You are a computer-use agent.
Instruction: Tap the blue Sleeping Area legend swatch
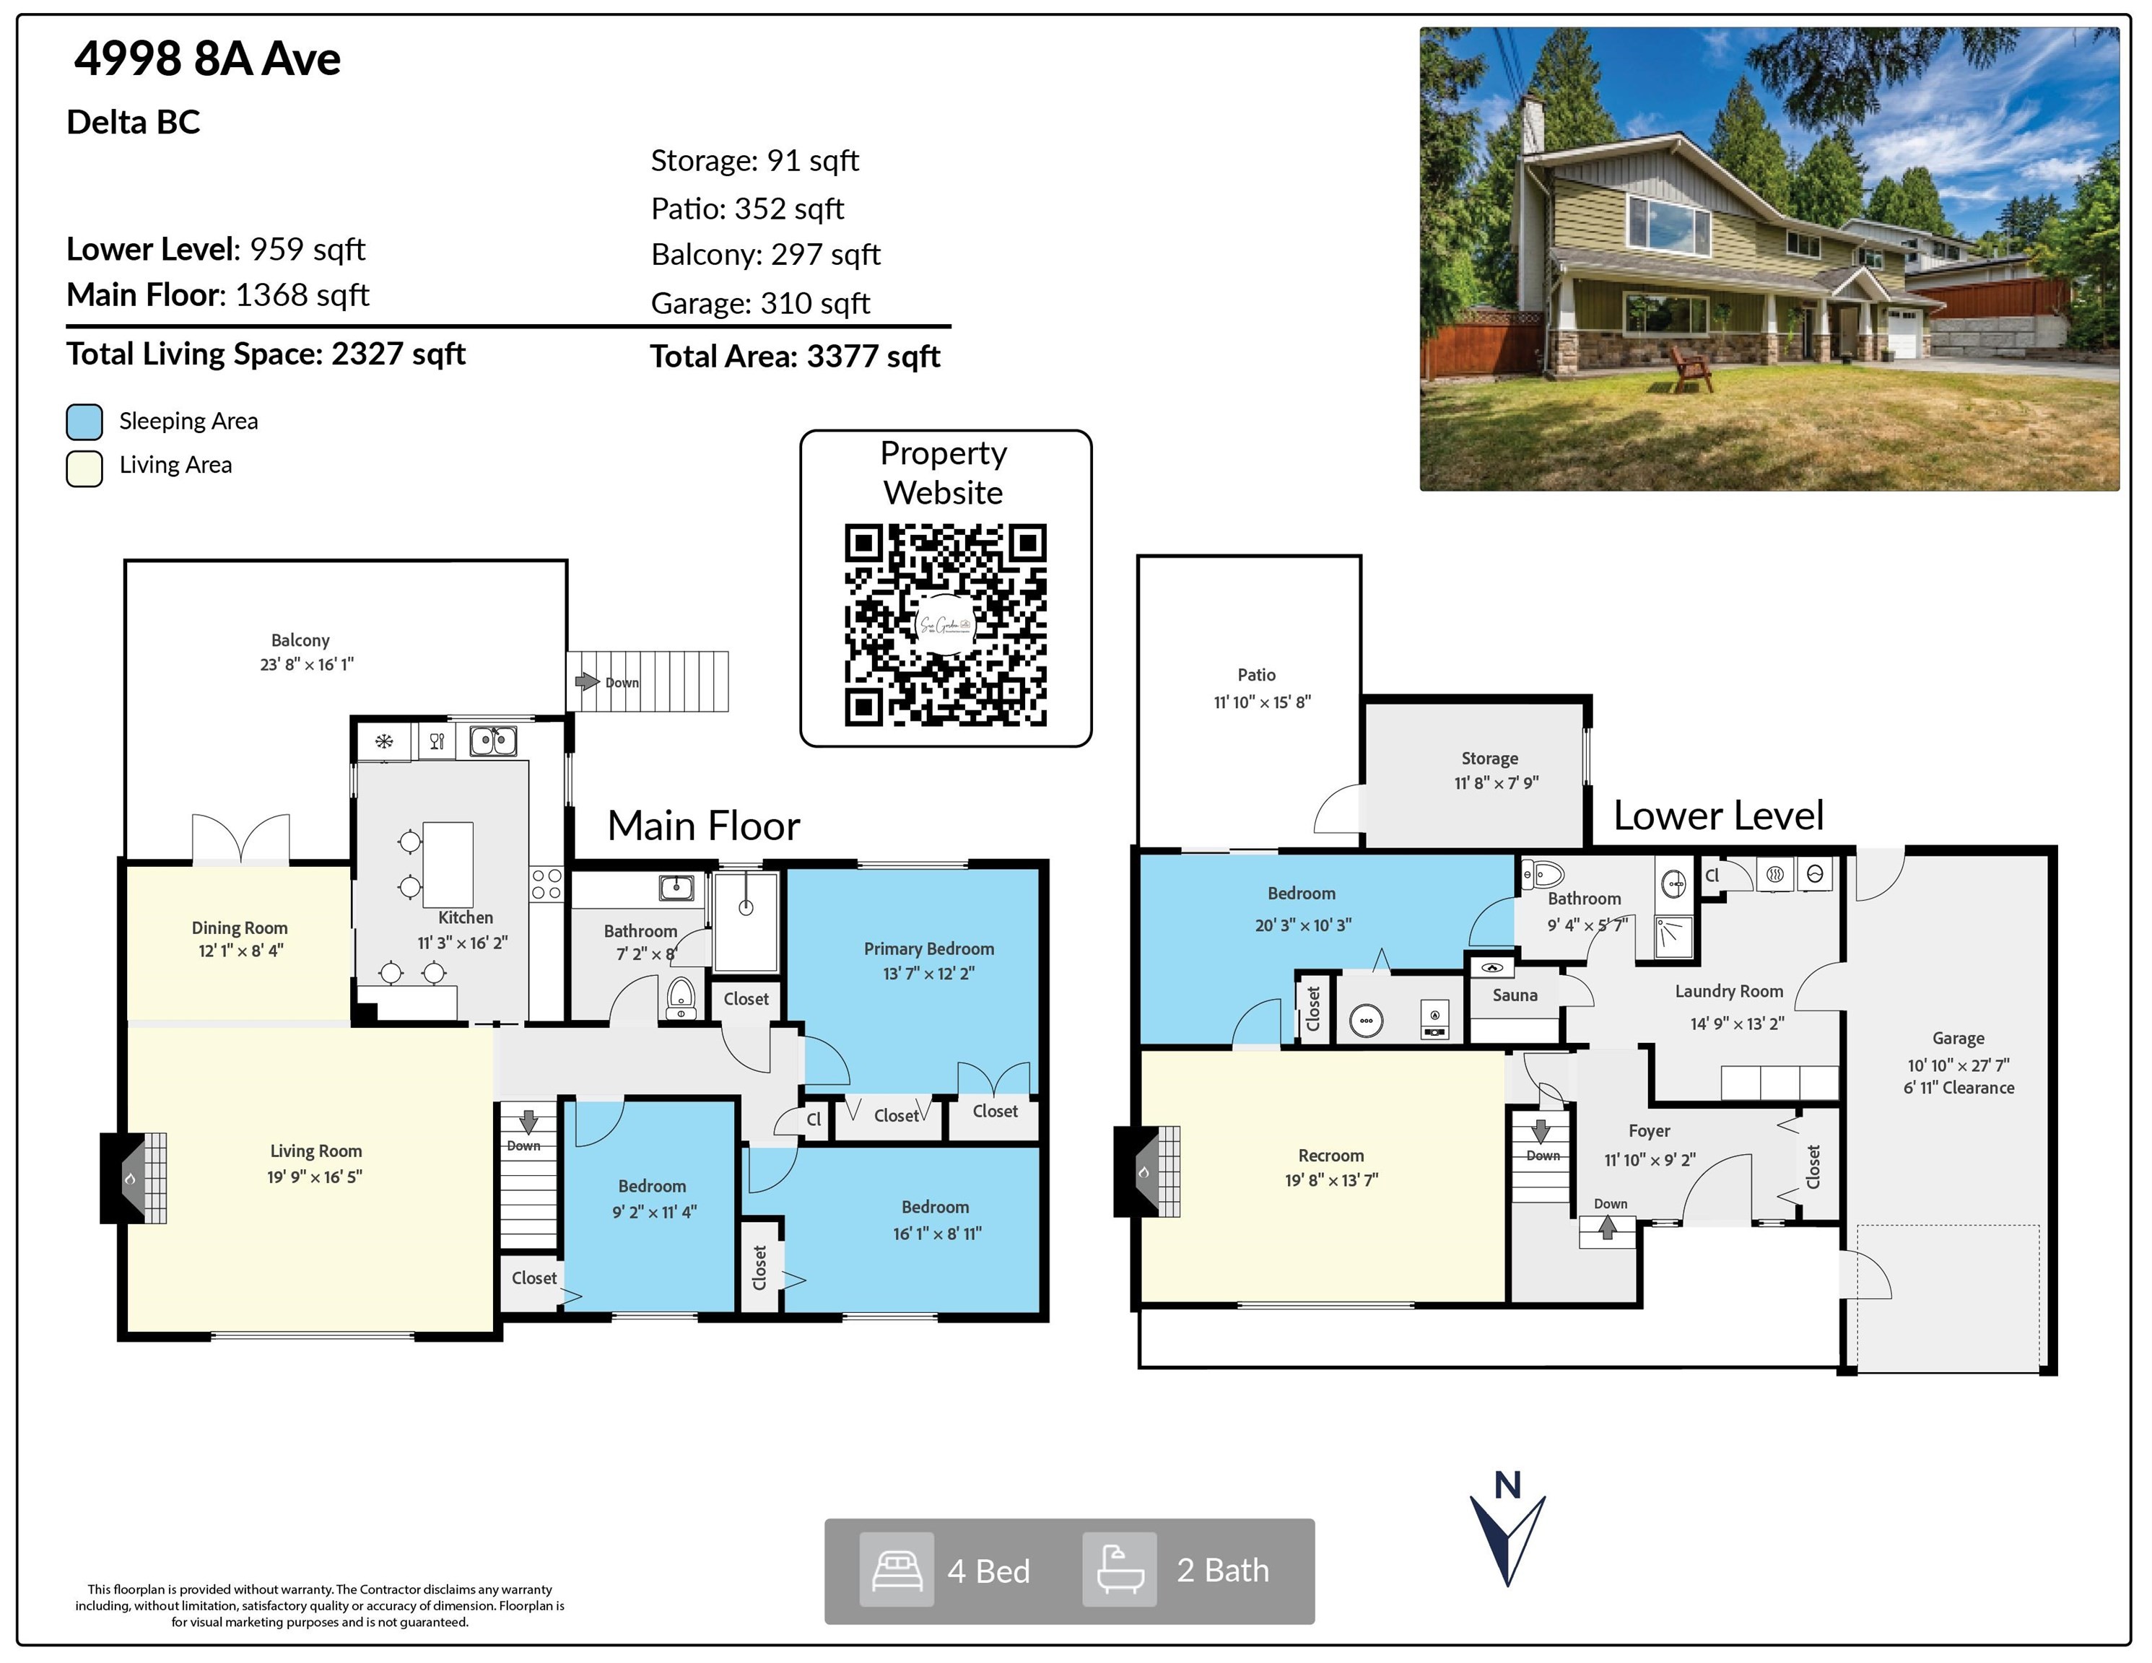click(84, 422)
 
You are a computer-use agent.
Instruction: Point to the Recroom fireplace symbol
click(1147, 1171)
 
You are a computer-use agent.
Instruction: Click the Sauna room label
click(1515, 995)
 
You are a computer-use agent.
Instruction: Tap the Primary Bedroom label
click(929, 948)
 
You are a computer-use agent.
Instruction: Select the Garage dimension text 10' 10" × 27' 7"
click(1959, 1065)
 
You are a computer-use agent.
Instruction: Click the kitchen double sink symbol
click(492, 740)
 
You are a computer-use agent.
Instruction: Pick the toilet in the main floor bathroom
click(681, 998)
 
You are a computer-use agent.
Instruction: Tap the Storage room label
click(1490, 759)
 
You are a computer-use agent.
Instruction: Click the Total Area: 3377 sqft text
click(795, 357)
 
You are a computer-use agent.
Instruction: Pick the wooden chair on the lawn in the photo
click(1691, 367)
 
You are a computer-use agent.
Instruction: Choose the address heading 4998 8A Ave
click(208, 59)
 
